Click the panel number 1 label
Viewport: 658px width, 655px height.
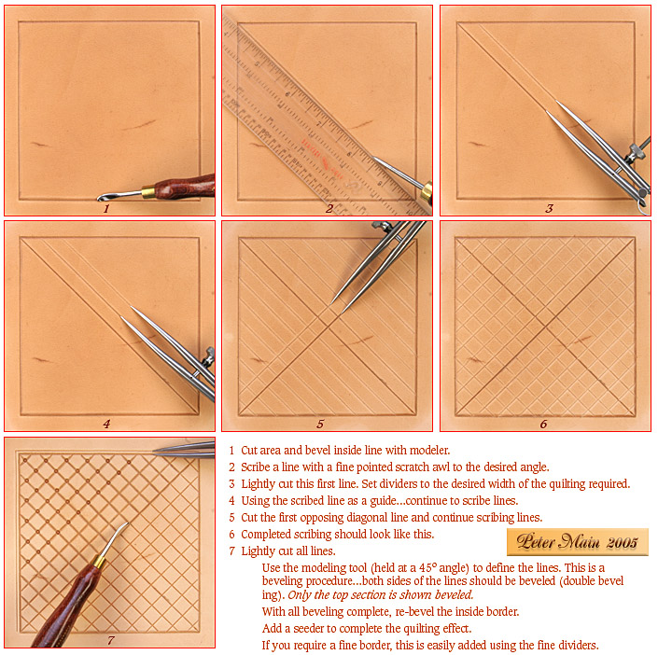point(106,208)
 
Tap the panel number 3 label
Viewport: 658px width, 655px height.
point(549,208)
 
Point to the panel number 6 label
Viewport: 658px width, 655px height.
point(543,424)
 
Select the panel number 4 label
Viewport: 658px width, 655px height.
point(106,424)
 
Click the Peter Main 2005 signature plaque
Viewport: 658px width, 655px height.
point(578,542)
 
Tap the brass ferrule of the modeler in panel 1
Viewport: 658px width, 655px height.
point(148,192)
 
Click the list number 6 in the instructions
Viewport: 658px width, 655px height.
point(231,534)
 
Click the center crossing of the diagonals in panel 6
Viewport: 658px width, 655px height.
point(546,326)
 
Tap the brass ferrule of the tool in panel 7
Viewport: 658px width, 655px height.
point(99,562)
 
